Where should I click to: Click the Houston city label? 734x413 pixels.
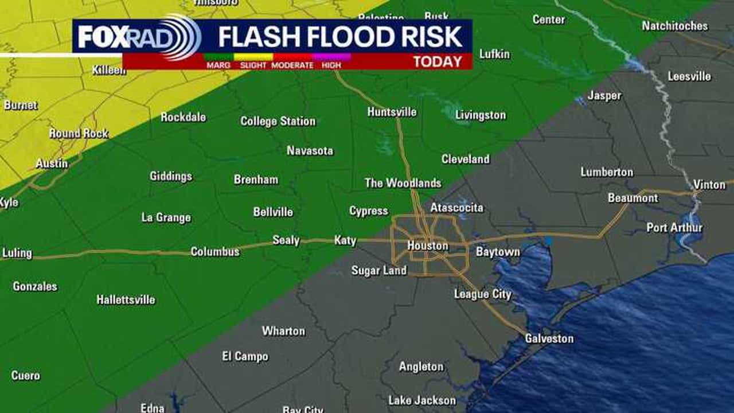[427, 246]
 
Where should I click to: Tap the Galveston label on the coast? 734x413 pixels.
[549, 338]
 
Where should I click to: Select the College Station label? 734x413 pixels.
[278, 121]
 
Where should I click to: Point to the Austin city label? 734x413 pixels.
[52, 163]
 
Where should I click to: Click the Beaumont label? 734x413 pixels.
[633, 198]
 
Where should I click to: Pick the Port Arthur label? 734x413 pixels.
[674, 228]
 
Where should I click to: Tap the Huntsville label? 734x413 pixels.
[392, 112]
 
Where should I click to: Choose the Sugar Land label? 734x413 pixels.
[378, 270]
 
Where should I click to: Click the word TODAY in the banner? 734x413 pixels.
[438, 62]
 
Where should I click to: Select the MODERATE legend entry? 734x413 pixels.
[292, 65]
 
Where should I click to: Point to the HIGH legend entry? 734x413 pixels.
[331, 65]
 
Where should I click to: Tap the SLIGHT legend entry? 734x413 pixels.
[253, 65]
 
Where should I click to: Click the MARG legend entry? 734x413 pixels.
[218, 65]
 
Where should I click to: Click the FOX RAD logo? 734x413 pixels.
[138, 37]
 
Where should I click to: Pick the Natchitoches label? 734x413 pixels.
[674, 26]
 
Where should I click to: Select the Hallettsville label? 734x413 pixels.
[126, 299]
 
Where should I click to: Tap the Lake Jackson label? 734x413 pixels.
[421, 400]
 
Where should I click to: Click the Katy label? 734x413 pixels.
[345, 240]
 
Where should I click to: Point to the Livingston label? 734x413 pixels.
[481, 115]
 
